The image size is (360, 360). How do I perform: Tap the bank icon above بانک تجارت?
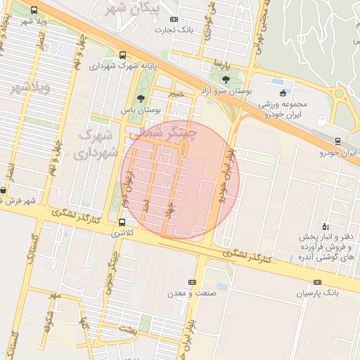[174, 19]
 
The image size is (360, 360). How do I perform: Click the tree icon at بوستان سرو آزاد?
[225, 79]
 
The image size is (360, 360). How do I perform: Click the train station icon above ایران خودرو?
[337, 141]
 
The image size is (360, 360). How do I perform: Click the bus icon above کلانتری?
[122, 223]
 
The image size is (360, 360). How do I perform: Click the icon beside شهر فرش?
[4, 190]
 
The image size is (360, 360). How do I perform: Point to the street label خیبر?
[176, 92]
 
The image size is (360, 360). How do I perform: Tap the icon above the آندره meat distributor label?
[324, 226]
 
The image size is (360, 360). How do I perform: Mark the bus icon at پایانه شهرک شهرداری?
[123, 55]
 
